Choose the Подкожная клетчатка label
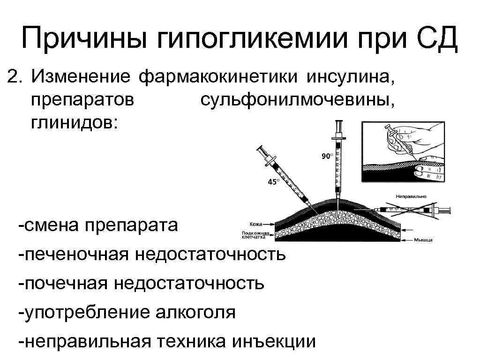coord(255,235)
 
